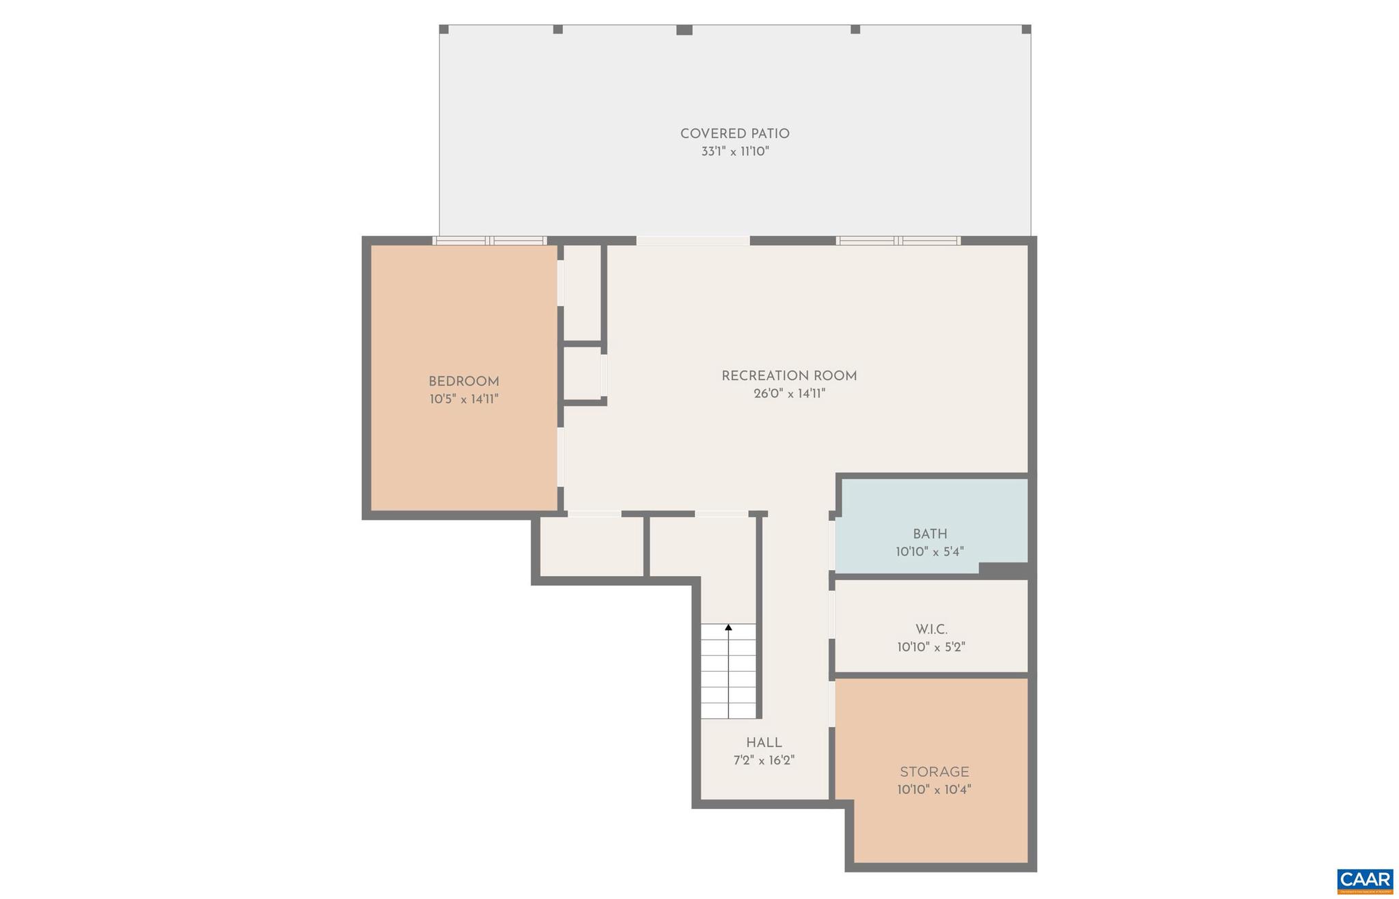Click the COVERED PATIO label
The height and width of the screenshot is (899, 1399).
pyautogui.click(x=734, y=134)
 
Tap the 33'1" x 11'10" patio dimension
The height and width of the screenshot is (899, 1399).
pyautogui.click(x=735, y=152)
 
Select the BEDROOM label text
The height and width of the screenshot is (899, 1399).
pyautogui.click(x=464, y=382)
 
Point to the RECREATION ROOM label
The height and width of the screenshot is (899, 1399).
pyautogui.click(x=789, y=375)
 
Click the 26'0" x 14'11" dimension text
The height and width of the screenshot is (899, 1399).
pyautogui.click(x=790, y=393)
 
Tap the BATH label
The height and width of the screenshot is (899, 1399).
pyautogui.click(x=930, y=534)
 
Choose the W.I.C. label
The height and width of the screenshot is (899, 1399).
pyautogui.click(x=931, y=629)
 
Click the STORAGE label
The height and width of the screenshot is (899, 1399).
pyautogui.click(x=934, y=772)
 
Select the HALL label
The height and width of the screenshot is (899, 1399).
pyautogui.click(x=764, y=743)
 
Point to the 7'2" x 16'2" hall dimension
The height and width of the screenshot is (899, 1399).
pyautogui.click(x=764, y=760)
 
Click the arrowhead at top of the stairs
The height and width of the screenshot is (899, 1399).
pyautogui.click(x=728, y=627)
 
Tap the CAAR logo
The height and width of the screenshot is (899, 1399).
pyautogui.click(x=1364, y=881)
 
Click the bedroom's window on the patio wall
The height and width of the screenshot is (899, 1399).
pyautogui.click(x=489, y=240)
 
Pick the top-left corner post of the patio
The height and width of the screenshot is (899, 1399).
pyautogui.click(x=443, y=29)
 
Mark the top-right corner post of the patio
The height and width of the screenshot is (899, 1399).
pyautogui.click(x=1026, y=29)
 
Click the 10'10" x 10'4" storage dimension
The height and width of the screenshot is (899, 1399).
pyautogui.click(x=934, y=790)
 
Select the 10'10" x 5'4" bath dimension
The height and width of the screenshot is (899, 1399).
pyautogui.click(x=930, y=552)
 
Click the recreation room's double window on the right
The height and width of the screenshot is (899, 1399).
pyautogui.click(x=898, y=240)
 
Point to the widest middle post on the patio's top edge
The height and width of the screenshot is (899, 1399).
pyautogui.click(x=684, y=30)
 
